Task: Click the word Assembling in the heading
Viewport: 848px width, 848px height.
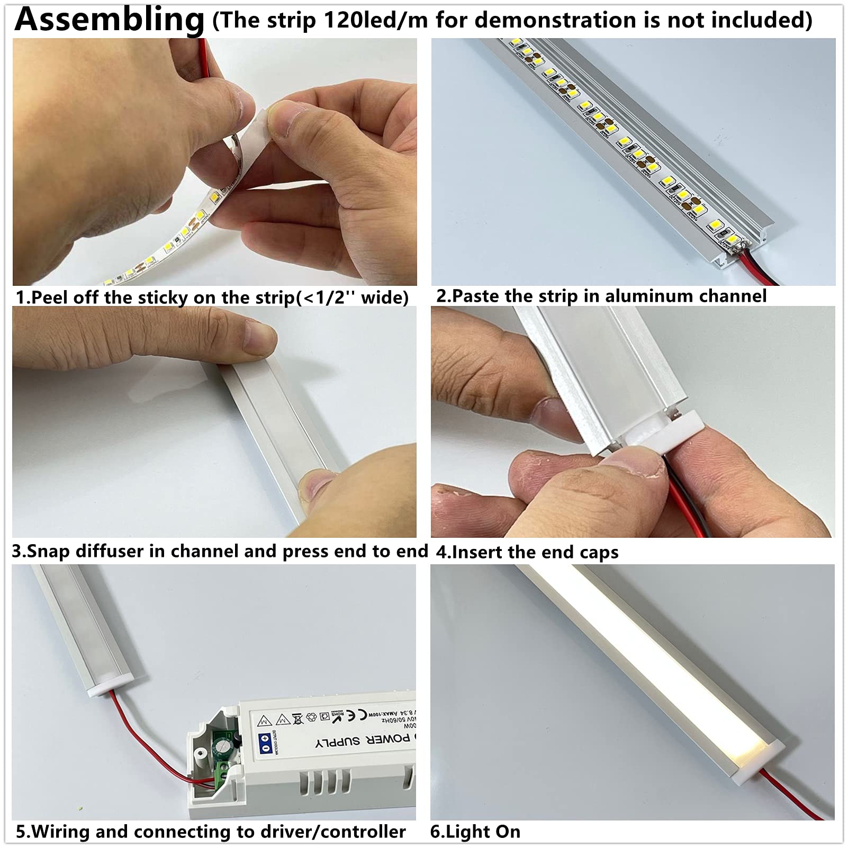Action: tap(109, 20)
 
